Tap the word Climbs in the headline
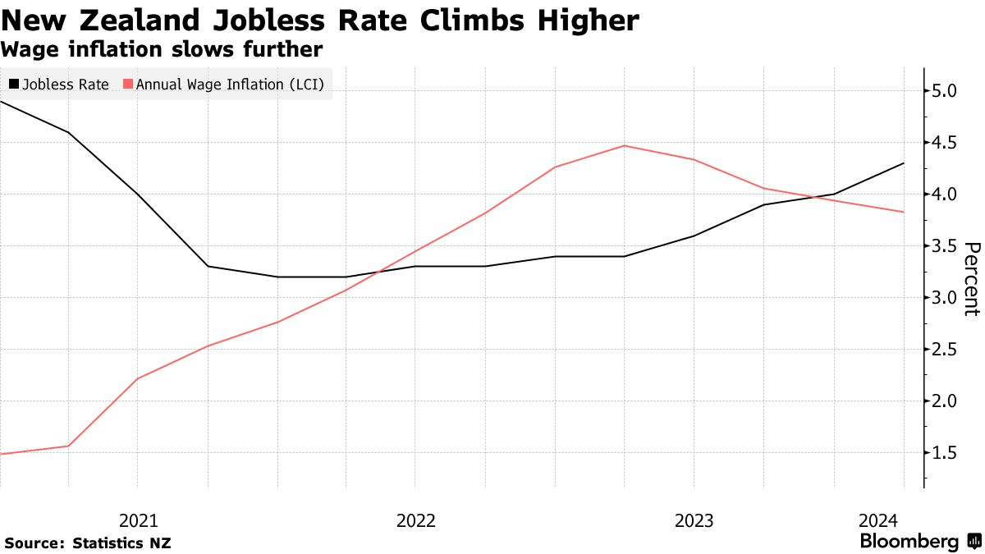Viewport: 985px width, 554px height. tap(472, 21)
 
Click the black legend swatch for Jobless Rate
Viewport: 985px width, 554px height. tap(14, 84)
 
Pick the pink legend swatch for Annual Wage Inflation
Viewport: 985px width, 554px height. tap(128, 84)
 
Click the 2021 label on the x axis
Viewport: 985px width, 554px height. tap(139, 521)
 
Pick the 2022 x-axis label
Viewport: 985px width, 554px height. tap(416, 521)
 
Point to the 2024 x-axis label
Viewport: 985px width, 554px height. tap(878, 521)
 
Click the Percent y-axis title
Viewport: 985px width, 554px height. tap(972, 279)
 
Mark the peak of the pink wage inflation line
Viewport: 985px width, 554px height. tap(625, 145)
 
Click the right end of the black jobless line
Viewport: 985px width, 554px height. tap(904, 163)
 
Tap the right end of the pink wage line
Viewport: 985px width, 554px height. tap(904, 212)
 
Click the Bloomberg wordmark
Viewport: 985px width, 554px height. tap(909, 541)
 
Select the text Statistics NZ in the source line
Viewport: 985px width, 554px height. tap(121, 543)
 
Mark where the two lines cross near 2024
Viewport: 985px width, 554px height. tap(817, 197)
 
